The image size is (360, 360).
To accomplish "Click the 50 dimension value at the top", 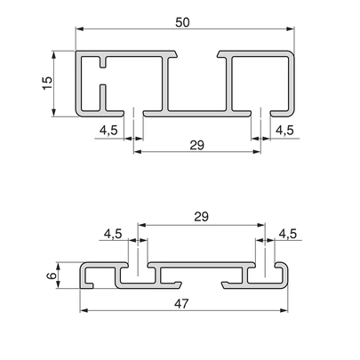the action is pyautogui.click(x=182, y=22).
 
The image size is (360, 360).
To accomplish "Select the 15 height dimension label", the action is pyautogui.click(x=47, y=84).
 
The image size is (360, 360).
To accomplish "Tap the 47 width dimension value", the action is pyautogui.click(x=181, y=304).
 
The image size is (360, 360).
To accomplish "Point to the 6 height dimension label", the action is pyautogui.click(x=52, y=276).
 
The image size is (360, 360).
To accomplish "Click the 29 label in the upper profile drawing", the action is pyautogui.click(x=197, y=145).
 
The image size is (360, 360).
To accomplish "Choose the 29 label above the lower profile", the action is pyautogui.click(x=202, y=217).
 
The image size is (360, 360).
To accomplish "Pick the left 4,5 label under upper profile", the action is pyautogui.click(x=108, y=130).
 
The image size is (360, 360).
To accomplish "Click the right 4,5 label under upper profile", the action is pyautogui.click(x=284, y=130).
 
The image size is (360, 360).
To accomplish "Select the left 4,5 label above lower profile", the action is pyautogui.click(x=113, y=234).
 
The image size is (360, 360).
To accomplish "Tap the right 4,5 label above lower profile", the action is pyautogui.click(x=287, y=234).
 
